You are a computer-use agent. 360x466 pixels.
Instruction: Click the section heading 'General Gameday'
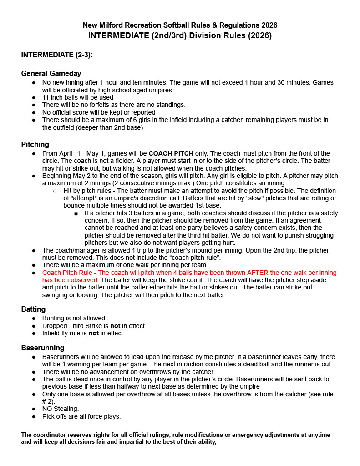[51, 74]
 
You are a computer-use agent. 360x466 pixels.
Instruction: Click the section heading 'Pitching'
[35, 145]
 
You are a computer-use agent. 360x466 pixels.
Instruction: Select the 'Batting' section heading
[33, 309]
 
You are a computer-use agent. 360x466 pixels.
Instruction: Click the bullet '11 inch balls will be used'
[77, 97]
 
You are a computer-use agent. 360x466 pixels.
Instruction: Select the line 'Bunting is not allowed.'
[74, 319]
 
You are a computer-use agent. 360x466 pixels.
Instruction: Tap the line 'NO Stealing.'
[61, 409]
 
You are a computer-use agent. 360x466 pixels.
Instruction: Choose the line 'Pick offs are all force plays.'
[81, 416]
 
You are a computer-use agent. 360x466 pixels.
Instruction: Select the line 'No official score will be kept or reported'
[98, 112]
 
